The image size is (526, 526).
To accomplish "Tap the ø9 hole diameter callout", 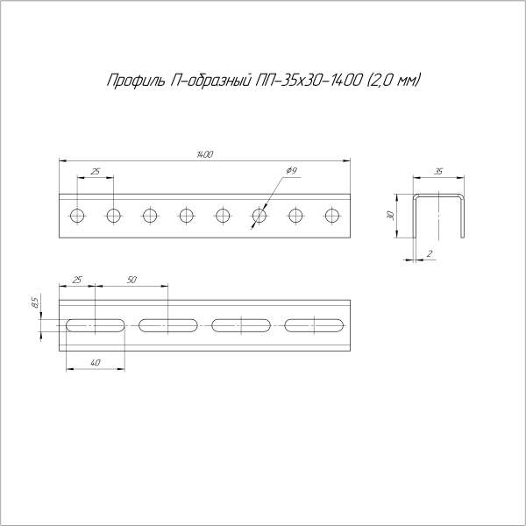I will [x=292, y=169].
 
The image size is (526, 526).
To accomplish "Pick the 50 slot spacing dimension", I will [x=131, y=279].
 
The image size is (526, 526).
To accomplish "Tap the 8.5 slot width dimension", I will [x=34, y=303].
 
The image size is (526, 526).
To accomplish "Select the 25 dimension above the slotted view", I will [x=77, y=279].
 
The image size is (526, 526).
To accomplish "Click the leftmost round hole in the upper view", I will [x=77, y=215].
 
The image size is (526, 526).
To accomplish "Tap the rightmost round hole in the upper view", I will [x=332, y=215].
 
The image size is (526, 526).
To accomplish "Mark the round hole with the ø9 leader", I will [x=259, y=215].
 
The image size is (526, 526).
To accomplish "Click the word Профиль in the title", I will [x=131, y=82].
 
